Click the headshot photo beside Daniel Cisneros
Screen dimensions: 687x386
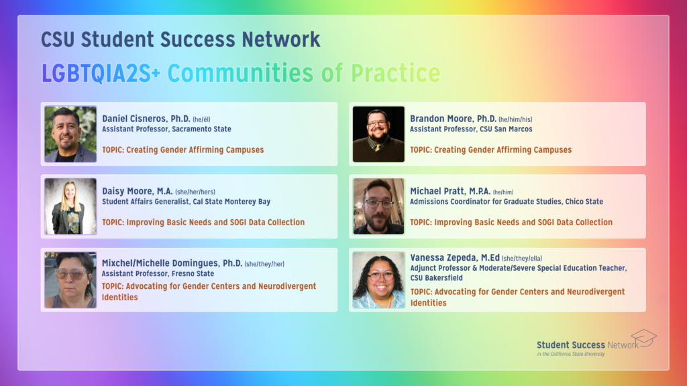click(70, 134)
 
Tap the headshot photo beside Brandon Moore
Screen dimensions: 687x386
click(378, 134)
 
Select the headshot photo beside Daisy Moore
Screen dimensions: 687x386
click(70, 206)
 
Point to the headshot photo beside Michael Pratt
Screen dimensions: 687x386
click(378, 206)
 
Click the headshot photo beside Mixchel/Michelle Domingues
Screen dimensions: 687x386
click(70, 279)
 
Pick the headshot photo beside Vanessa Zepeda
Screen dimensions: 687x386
click(378, 279)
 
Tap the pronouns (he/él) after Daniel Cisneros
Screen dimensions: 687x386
click(201, 119)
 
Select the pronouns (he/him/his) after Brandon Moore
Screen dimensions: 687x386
click(515, 119)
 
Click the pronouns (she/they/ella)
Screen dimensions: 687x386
click(522, 259)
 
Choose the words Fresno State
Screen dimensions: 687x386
click(193, 273)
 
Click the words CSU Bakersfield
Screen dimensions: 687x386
click(436, 278)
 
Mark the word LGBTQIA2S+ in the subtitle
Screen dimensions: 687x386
click(101, 73)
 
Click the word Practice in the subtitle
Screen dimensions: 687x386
click(396, 73)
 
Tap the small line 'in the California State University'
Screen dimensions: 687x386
click(571, 354)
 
